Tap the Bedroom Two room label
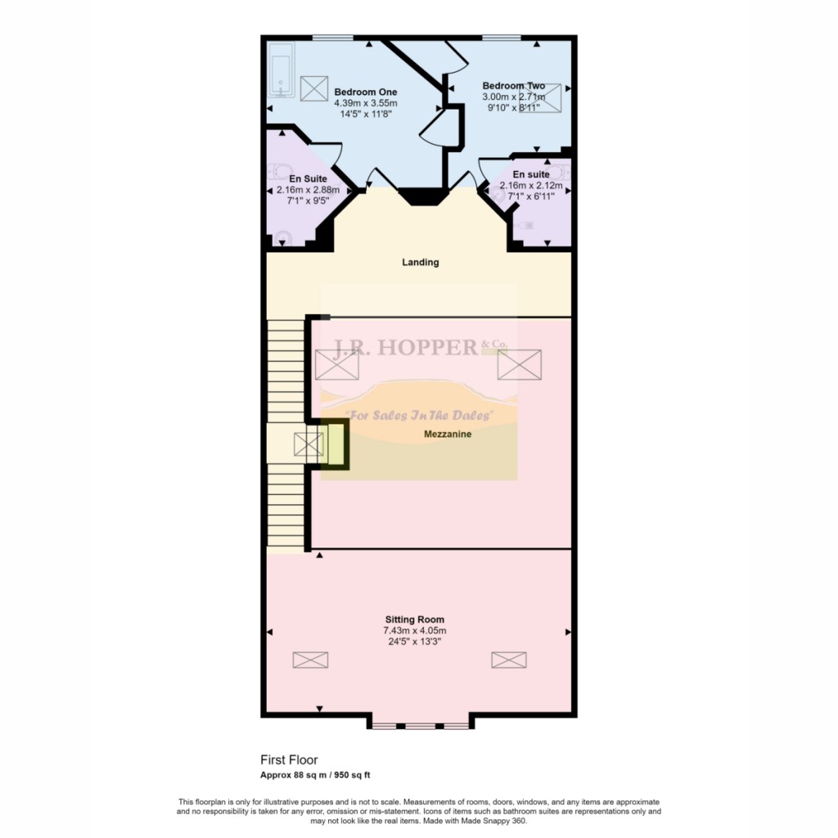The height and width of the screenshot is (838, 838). [x=513, y=86]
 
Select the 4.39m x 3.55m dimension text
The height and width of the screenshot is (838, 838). [x=365, y=103]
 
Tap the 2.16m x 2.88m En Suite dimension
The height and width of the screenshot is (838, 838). [x=308, y=189]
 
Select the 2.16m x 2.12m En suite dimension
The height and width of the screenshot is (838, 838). [x=531, y=186]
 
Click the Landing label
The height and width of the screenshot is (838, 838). [x=420, y=263]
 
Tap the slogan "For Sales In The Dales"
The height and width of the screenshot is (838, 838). [x=420, y=416]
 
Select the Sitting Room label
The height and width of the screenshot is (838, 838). [x=415, y=619]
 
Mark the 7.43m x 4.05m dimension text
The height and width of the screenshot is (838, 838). [x=415, y=630]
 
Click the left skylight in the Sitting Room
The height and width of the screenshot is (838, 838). [x=310, y=660]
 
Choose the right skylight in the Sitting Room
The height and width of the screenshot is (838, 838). [x=509, y=660]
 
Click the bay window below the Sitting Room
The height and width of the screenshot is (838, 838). [x=421, y=724]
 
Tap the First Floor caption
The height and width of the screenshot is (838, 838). [x=289, y=760]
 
